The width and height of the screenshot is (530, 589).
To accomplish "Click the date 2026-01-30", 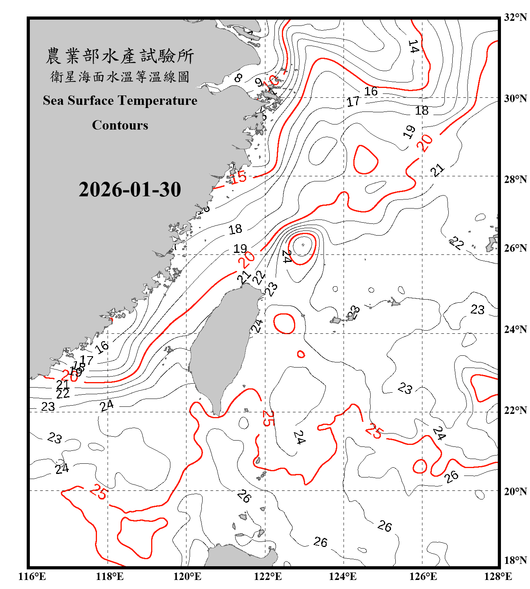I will pyautogui.click(x=130, y=190).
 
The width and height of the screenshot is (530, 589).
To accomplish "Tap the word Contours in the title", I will pyautogui.click(x=120, y=125).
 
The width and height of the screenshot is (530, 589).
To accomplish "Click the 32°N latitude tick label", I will pyautogui.click(x=515, y=17).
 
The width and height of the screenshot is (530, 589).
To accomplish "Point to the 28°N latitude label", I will pyautogui.click(x=515, y=179).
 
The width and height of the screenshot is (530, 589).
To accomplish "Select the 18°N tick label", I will pyautogui.click(x=515, y=560).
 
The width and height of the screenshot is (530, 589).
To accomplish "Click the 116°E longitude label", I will pyautogui.click(x=32, y=576).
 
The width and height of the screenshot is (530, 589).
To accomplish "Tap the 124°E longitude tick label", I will pyautogui.click(x=343, y=576).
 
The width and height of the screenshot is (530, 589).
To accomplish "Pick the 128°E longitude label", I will pyautogui.click(x=498, y=576).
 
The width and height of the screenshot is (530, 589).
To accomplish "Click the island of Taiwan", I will pyautogui.click(x=222, y=346).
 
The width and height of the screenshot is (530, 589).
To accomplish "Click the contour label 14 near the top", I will pyautogui.click(x=413, y=46).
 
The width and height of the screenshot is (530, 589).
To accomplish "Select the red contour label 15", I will pyautogui.click(x=238, y=177).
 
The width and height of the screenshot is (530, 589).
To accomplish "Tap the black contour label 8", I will pyautogui.click(x=238, y=78).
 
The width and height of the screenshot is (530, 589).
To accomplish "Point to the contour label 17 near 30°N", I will pyautogui.click(x=353, y=102).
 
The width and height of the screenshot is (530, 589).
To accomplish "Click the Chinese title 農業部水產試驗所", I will pyautogui.click(x=120, y=56).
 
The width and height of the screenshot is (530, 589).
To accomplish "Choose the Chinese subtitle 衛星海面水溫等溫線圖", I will pyautogui.click(x=120, y=77).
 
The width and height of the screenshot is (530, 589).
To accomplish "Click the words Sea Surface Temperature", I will pyautogui.click(x=120, y=101).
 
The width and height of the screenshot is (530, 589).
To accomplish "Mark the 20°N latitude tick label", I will pyautogui.click(x=515, y=491).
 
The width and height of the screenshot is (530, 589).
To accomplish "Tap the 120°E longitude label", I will pyautogui.click(x=187, y=576).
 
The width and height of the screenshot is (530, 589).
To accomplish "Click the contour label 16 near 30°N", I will pyautogui.click(x=371, y=91).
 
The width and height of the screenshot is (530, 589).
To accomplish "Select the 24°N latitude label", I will pyautogui.click(x=515, y=329).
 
